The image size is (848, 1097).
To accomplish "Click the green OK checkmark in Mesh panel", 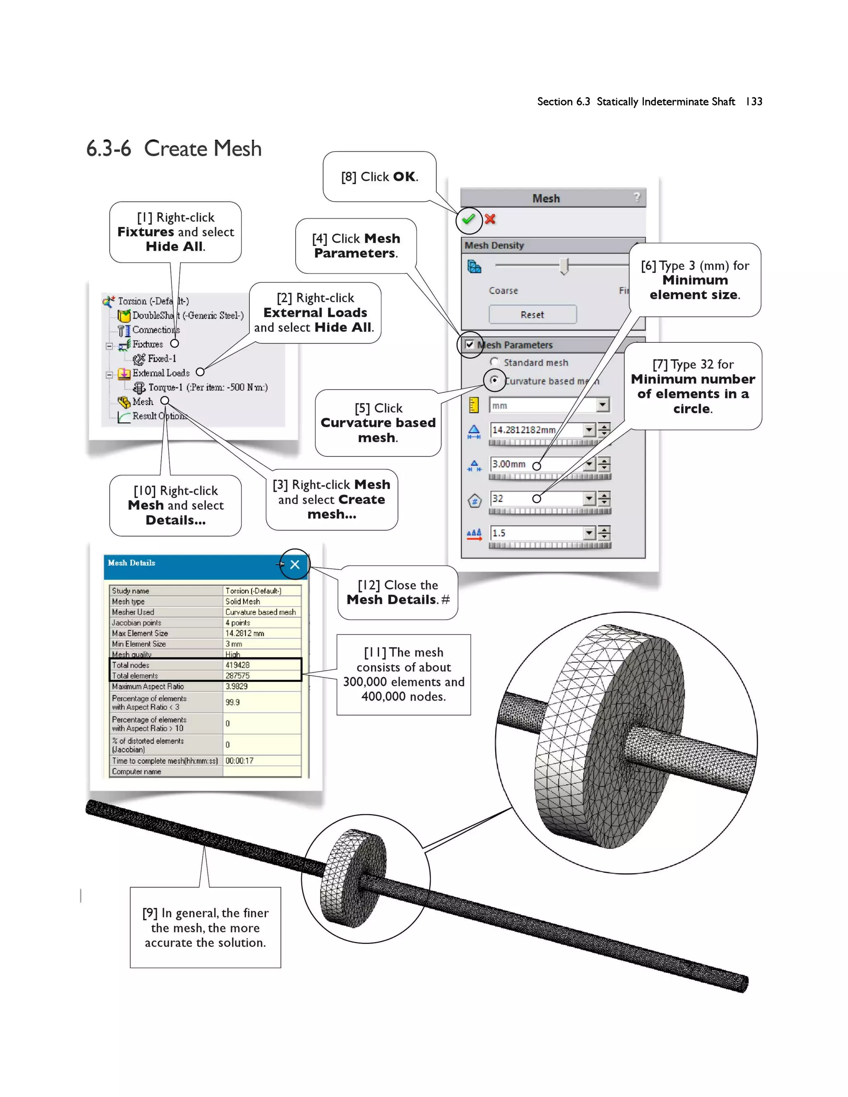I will tap(468, 219).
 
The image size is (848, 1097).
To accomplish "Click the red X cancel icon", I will tap(490, 219).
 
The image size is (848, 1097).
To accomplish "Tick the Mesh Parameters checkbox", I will tap(469, 344).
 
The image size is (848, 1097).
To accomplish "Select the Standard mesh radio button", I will tap(494, 362).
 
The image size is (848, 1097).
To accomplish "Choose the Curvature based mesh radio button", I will tap(494, 380).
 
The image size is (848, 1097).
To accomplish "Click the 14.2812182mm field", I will tap(535, 430).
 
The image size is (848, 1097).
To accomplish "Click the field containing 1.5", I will tap(535, 533).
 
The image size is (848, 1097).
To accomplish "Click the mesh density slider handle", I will tap(564, 265).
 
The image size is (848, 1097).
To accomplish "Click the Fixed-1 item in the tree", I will tap(161, 358).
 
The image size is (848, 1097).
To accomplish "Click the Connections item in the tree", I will tap(155, 330).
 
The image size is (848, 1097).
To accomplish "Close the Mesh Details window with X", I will tap(295, 564).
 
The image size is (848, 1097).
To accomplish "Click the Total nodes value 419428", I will tap(237, 665).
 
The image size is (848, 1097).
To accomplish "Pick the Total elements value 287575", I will tap(237, 676).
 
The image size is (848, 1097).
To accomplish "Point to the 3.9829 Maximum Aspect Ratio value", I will tap(236, 686).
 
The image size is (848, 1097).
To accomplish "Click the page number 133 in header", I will tap(754, 101).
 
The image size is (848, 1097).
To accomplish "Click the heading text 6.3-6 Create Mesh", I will tap(174, 149).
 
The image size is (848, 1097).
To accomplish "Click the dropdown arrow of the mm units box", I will tap(603, 405).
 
